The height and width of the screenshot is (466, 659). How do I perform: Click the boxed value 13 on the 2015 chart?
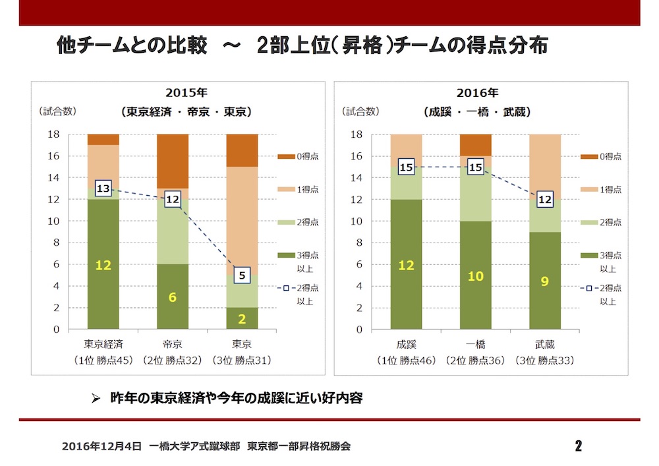103,189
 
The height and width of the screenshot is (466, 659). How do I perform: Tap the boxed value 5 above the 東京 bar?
242,276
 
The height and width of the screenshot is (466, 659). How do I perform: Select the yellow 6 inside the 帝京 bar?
173,297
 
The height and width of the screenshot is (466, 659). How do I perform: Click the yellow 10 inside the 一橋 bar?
475,276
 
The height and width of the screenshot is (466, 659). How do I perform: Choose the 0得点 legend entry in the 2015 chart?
300,156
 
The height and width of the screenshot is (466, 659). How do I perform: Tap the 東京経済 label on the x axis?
103,343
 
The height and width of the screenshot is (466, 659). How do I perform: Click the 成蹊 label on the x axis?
407,343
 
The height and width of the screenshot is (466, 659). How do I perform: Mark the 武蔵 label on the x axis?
545,343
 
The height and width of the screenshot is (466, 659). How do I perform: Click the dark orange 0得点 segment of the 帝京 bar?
173,161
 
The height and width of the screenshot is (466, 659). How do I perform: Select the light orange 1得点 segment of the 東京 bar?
242,218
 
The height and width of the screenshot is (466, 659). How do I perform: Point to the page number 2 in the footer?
578,446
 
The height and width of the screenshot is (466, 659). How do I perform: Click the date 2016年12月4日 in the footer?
101,446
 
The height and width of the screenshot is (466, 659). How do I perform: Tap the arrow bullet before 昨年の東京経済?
96,399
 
